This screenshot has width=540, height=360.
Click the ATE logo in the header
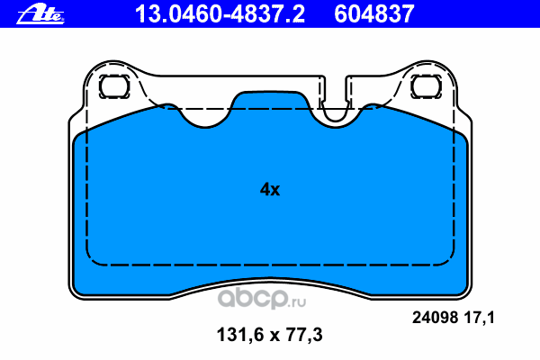click(40, 14)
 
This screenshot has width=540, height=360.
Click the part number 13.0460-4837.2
click(220, 14)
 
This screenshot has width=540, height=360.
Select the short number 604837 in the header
click(374, 14)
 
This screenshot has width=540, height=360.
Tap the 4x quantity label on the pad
click(270, 189)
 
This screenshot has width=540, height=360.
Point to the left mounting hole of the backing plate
click(114, 86)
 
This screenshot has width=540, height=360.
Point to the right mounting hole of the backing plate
click(427, 86)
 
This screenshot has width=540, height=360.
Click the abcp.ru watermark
click(262, 298)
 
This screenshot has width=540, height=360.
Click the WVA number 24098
click(435, 318)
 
